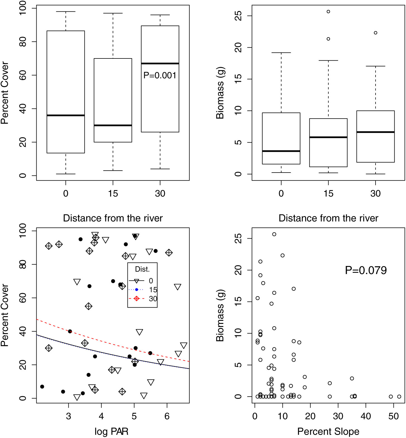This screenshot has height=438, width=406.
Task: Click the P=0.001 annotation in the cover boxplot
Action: (160, 76)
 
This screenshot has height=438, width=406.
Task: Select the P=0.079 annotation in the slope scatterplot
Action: (366, 270)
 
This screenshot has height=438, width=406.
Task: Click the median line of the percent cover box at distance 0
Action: (66, 115)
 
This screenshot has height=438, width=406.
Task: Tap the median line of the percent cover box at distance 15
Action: (113, 125)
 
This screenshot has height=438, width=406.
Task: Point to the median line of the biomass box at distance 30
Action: (375, 132)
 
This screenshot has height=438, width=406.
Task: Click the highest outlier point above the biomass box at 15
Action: (328, 12)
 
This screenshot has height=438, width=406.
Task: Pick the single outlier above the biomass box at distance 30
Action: (376, 33)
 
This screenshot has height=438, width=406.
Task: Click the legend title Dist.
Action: (142, 269)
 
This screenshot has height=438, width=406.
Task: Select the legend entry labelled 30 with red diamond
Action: (143, 299)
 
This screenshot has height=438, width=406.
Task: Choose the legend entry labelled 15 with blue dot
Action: (143, 289)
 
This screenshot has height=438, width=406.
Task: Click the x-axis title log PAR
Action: (111, 431)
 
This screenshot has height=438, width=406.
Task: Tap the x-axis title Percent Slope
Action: (328, 431)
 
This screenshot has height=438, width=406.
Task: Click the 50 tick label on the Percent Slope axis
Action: (393, 416)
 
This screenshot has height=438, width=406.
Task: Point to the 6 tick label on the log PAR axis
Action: (167, 416)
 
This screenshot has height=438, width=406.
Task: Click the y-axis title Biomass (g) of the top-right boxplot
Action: (220, 93)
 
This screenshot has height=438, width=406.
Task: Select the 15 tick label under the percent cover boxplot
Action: (113, 194)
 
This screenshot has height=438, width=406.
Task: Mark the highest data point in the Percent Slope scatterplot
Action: (274, 234)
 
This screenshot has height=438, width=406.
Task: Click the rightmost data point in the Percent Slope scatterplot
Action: (399, 397)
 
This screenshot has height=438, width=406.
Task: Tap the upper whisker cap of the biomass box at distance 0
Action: (281, 53)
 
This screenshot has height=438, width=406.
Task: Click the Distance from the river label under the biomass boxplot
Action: (328, 218)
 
